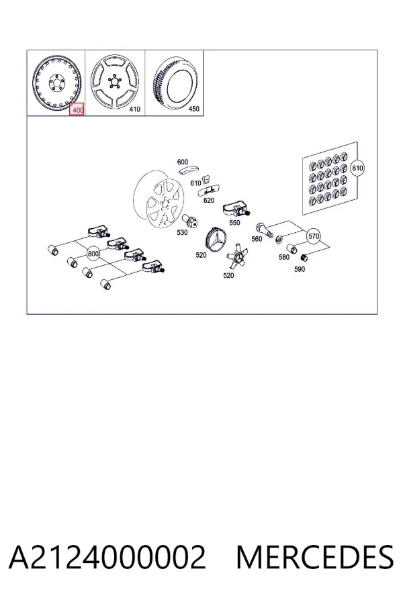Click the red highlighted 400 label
coord(77,110)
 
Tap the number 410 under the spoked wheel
coord(134,109)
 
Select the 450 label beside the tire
coord(193,109)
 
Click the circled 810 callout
coord(357,168)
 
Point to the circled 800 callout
coord(93,254)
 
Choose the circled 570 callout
coord(314,236)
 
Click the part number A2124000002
coord(107,557)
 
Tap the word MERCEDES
coord(315,557)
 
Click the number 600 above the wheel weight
coord(183,162)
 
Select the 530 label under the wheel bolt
coord(182,232)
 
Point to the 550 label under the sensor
coord(234,222)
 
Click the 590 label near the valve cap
coord(300,269)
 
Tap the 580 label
coord(284,257)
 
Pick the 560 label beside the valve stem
coord(257,239)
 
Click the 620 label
coord(209,200)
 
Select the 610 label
coord(195,183)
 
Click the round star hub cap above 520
coord(215,240)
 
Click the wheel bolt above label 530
coord(191,220)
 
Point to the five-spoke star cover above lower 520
coord(236,256)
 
